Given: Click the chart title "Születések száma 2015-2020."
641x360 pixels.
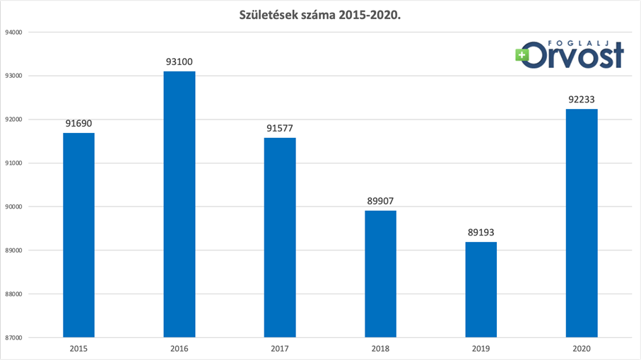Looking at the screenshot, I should [x=320, y=14].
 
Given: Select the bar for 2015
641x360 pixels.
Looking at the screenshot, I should [x=78, y=235].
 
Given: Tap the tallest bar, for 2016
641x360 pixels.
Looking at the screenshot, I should [x=180, y=204].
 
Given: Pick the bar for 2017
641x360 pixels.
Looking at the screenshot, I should [x=280, y=238].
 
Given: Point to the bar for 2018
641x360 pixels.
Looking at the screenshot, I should [x=381, y=274].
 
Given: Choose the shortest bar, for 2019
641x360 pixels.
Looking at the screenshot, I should [x=481, y=289].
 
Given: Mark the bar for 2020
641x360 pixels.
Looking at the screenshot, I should [x=582, y=223].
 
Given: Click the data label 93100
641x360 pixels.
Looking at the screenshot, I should [x=180, y=62].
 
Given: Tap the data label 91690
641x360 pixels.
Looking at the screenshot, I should [x=78, y=123].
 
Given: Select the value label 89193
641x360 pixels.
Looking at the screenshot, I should [x=481, y=232].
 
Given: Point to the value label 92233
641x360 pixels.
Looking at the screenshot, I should [x=582, y=99].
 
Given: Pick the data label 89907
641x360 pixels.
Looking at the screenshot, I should [x=381, y=201].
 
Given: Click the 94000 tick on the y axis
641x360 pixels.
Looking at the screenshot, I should [x=14, y=32].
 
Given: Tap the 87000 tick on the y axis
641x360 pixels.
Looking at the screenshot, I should [x=14, y=337].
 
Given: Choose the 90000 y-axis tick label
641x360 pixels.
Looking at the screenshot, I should [x=14, y=207].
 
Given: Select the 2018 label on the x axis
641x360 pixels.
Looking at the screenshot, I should [x=381, y=349].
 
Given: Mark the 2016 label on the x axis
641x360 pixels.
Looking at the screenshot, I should [x=180, y=349].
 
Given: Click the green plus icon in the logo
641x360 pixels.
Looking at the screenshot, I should [x=523, y=54].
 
